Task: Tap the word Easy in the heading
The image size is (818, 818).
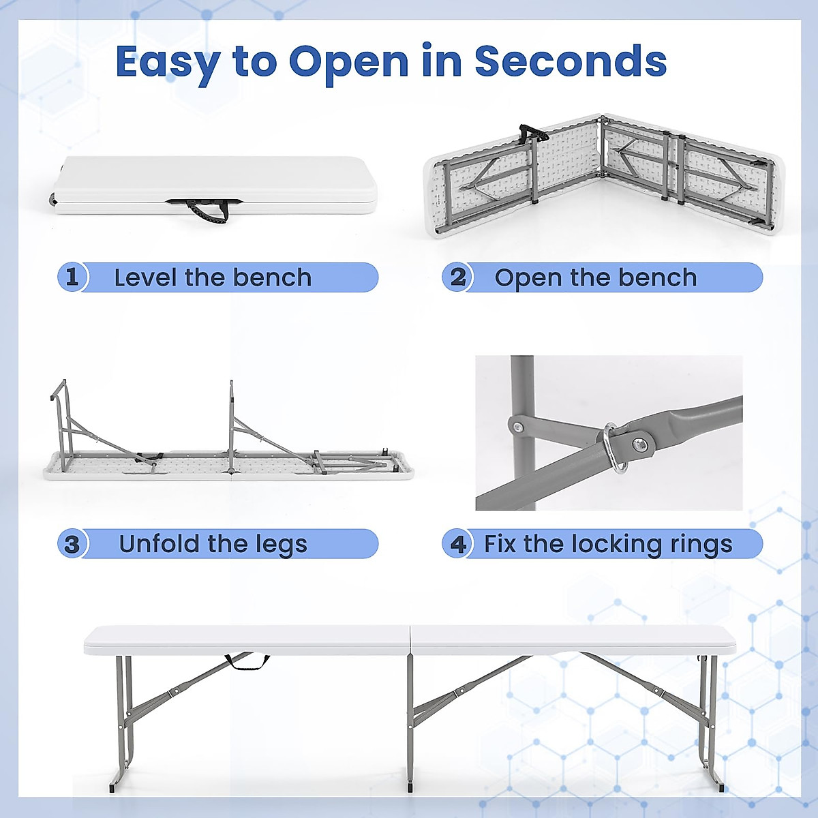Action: coord(167,63)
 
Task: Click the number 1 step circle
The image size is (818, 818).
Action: coord(72,277)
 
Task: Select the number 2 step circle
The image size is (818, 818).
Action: coord(457,277)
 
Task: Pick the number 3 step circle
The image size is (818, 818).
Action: coord(72,544)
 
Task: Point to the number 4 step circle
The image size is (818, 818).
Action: coord(457,544)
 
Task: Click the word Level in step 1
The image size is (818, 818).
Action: coord(145,277)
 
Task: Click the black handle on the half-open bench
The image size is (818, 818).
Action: coord(532,132)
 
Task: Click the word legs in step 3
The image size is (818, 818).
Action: coord(282,545)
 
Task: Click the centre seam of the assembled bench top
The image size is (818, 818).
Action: coord(410,641)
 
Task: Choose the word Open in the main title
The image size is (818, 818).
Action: coord(348,63)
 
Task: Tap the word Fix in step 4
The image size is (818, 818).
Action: coord(499,544)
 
